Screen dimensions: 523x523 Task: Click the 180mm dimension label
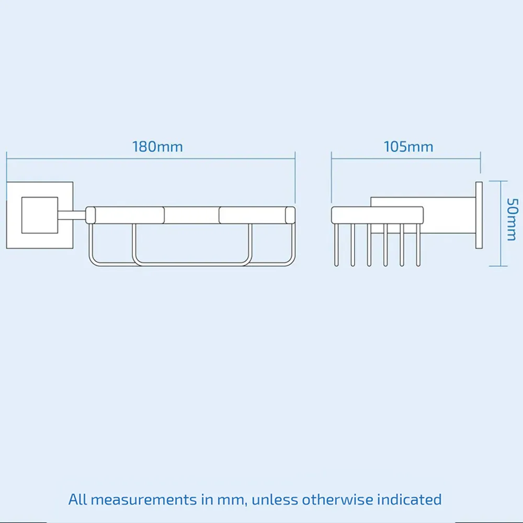click(157, 146)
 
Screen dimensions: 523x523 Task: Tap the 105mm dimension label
click(408, 146)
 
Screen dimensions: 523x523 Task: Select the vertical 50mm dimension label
click(511, 220)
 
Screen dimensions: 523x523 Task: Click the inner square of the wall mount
click(39, 215)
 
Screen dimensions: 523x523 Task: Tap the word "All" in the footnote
click(78, 499)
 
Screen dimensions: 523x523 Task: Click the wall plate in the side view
click(479, 214)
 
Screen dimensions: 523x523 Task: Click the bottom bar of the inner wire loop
click(192, 263)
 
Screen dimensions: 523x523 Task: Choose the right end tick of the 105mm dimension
click(480, 162)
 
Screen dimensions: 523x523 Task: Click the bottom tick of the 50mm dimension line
click(499, 266)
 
